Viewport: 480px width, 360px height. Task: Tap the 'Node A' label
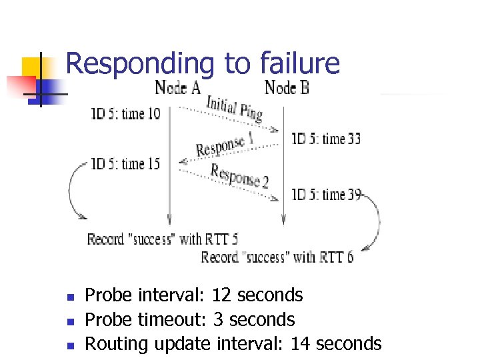[x=177, y=87]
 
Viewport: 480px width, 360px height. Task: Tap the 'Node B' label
[x=287, y=87]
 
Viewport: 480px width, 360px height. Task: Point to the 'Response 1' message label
[x=225, y=145]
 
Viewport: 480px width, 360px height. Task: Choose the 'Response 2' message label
[x=239, y=175]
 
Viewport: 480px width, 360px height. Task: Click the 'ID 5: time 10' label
[x=126, y=114]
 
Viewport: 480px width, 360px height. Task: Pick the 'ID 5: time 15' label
[x=126, y=163]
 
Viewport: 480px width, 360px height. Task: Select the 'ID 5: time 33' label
[x=326, y=139]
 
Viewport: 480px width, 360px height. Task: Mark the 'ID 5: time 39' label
[x=326, y=195]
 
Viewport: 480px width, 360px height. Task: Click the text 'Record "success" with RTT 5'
[x=163, y=239]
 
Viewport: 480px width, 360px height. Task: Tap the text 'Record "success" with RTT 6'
[x=277, y=257]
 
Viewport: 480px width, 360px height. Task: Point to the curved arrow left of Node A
[x=73, y=190]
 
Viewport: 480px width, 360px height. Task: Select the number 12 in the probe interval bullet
[x=222, y=295]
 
